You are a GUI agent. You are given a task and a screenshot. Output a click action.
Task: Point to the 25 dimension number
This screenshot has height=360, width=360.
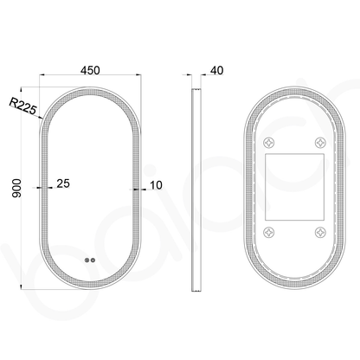coord(63,183)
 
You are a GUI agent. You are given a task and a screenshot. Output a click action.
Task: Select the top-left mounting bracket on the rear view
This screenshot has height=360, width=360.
coord(268,140)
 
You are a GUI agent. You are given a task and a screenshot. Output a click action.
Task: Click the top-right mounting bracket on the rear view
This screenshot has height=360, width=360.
coord(322,140)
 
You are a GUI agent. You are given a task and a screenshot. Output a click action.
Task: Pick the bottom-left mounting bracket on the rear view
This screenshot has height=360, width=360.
coord(268,231)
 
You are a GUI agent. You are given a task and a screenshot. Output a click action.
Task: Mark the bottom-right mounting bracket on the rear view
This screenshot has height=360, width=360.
coord(322,231)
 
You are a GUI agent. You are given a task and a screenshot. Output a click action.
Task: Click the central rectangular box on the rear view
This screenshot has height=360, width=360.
coord(295,186)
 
